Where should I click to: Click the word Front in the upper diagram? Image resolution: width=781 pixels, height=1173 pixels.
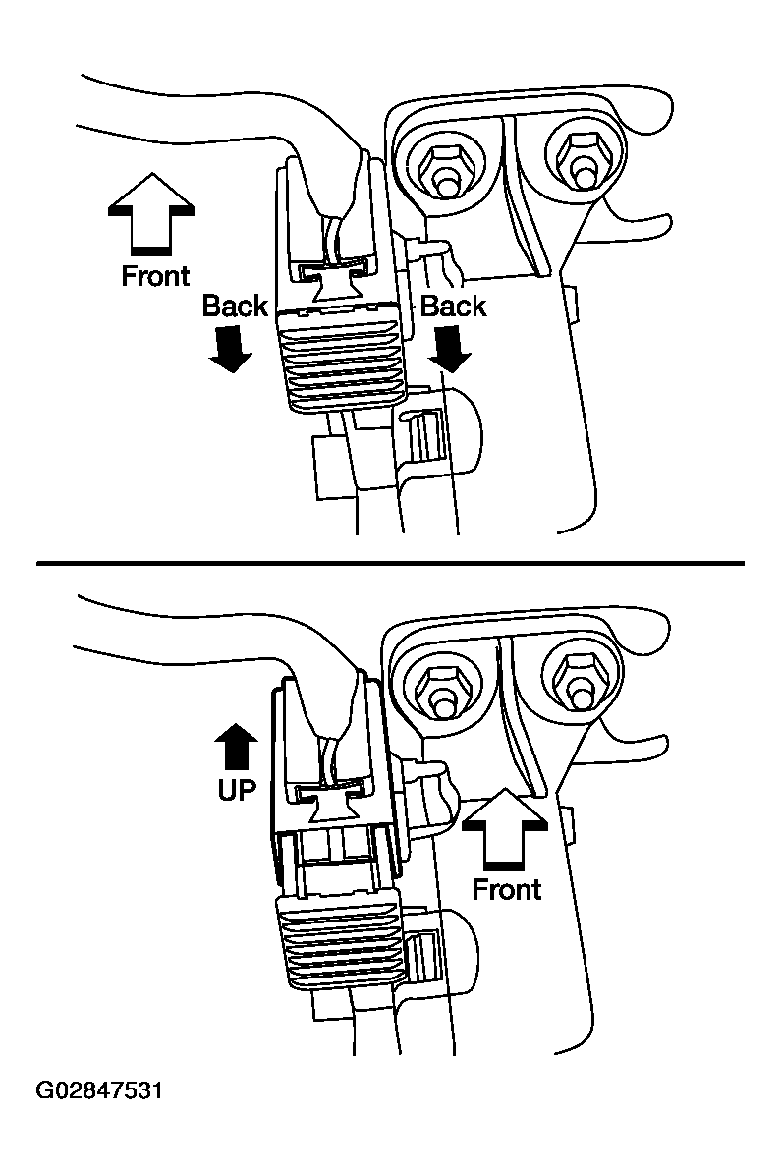[x=155, y=276]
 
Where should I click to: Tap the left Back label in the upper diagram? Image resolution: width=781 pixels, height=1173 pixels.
[x=235, y=307]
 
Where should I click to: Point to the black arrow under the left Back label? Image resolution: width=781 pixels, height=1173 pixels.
[x=231, y=349]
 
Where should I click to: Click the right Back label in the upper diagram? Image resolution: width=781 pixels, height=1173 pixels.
[x=453, y=307]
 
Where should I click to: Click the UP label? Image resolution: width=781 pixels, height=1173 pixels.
[x=237, y=789]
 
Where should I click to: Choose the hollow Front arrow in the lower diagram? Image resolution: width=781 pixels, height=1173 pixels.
[x=504, y=828]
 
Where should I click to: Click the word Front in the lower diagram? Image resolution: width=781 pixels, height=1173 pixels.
[x=506, y=889]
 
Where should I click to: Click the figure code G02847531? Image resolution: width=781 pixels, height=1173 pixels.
[x=99, y=1091]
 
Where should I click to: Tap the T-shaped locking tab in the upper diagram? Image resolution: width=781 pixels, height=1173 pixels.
[x=334, y=286]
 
